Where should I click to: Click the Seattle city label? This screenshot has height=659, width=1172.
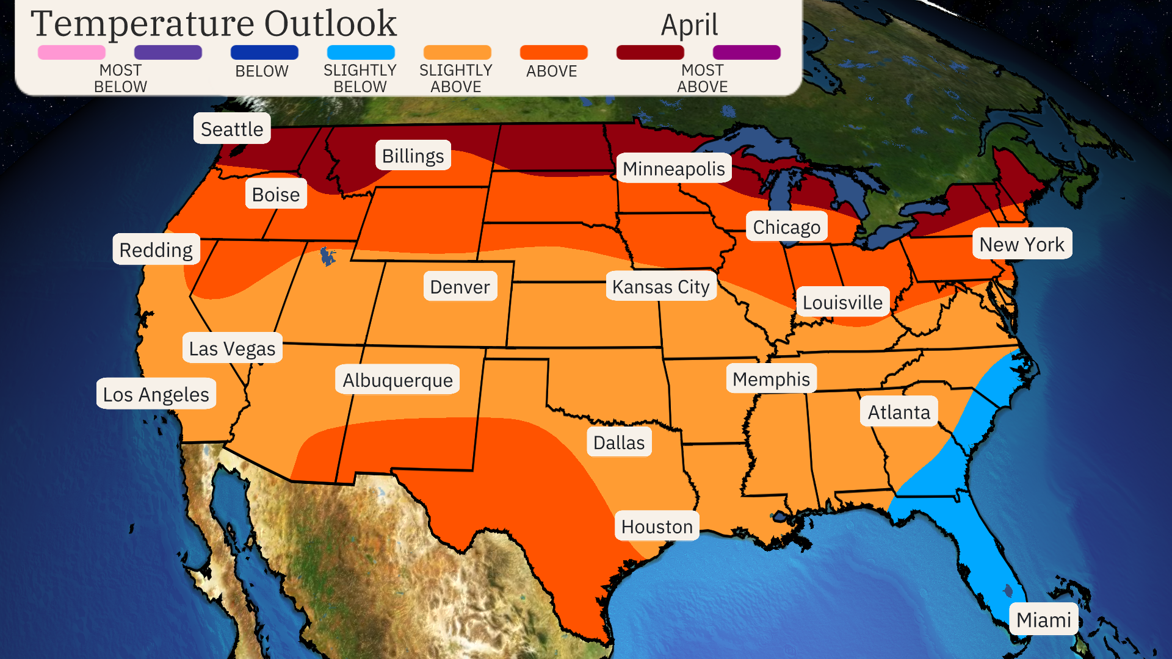[232, 129]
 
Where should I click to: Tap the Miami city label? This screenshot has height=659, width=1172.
[1043, 619]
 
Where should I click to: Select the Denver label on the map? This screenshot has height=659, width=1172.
[460, 287]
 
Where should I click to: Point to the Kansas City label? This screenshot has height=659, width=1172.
[660, 286]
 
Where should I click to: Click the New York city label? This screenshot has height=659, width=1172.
[1021, 244]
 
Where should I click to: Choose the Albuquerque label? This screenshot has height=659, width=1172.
[397, 380]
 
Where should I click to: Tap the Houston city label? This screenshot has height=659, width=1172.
[657, 526]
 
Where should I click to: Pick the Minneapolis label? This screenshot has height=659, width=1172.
[673, 168]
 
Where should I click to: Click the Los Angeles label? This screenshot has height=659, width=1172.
[156, 394]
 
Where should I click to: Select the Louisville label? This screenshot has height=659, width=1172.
[842, 302]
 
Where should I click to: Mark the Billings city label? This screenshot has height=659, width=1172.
[413, 156]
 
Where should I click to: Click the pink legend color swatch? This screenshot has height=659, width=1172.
[71, 52]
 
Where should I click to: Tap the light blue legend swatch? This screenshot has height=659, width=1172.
[361, 52]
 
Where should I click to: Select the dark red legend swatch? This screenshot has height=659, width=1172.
[650, 52]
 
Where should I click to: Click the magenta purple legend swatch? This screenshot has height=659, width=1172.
[747, 52]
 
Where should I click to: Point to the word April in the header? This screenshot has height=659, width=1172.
[689, 26]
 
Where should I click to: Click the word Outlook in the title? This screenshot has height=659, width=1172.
[330, 23]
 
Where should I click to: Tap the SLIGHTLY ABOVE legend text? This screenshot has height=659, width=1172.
[456, 78]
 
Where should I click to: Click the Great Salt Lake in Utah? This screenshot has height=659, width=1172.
[328, 256]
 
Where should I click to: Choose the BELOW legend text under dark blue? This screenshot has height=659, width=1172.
[262, 71]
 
